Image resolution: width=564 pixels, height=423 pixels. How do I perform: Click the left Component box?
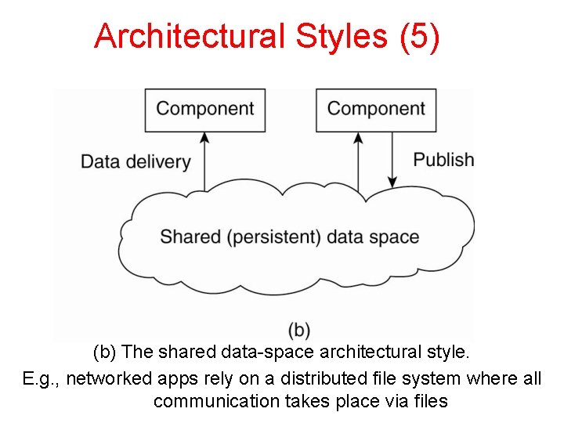coord(205,109)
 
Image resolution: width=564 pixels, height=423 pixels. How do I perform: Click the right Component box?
coord(375,109)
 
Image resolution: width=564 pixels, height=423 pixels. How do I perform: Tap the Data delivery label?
coord(136,161)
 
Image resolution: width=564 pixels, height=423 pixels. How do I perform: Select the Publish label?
coord(443,160)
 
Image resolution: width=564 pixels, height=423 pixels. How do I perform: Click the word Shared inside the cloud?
coord(191,237)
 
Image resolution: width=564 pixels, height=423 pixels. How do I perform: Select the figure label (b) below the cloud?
coord(299,330)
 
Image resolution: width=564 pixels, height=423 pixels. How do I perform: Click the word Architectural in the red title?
coord(189,36)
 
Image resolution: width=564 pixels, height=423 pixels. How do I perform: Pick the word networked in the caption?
coord(105,378)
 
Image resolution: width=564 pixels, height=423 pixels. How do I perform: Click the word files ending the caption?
coord(430,402)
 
